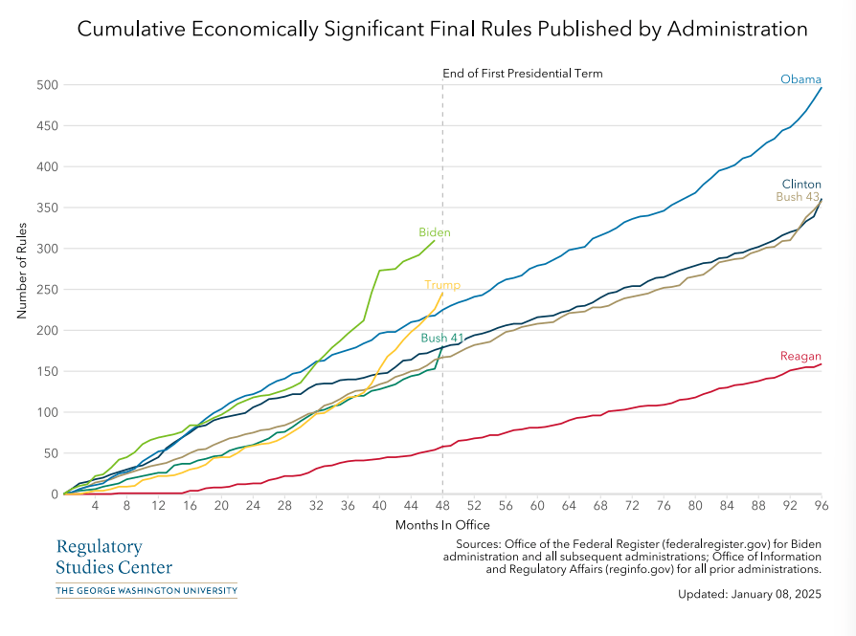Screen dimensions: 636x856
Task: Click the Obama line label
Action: point(800,79)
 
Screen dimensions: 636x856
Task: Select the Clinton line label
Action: point(800,184)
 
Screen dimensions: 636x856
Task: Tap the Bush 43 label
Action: point(797,197)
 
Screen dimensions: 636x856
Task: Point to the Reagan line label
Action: point(800,357)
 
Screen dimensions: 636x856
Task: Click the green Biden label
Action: point(434,232)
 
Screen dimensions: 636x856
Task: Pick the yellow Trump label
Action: point(442,285)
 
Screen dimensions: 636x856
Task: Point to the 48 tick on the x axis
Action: point(442,505)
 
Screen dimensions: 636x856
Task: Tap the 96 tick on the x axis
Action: point(821,505)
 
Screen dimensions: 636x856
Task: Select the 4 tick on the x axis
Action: point(96,505)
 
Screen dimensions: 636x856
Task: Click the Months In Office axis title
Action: point(442,525)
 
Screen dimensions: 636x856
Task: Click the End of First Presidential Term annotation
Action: point(522,74)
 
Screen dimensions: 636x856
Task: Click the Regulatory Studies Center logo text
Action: point(114,557)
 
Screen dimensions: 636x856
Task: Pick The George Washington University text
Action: point(146,591)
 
